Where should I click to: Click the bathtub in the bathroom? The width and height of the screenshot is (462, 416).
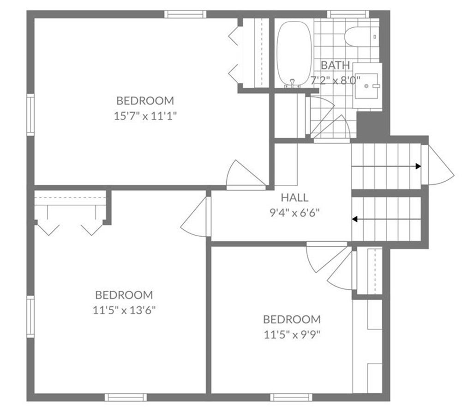[x=294, y=54]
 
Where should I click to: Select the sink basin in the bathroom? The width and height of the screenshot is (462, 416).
[x=366, y=86]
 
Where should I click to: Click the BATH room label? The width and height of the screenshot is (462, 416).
[x=335, y=65]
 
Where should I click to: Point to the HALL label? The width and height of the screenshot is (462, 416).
[x=294, y=197]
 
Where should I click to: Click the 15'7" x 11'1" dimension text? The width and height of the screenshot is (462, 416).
[x=145, y=116]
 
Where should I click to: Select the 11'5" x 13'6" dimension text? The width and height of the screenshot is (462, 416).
[x=124, y=310]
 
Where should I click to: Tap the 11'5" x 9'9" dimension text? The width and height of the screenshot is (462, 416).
[x=292, y=335]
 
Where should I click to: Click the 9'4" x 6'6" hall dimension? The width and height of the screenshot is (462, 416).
[x=294, y=213]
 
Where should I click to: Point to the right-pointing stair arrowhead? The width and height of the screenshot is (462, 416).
[x=419, y=166]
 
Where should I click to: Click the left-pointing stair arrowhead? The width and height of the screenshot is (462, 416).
[x=355, y=219]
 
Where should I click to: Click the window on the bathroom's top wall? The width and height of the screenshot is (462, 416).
[x=348, y=14]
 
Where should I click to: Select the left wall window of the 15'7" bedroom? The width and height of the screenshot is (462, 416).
[x=30, y=115]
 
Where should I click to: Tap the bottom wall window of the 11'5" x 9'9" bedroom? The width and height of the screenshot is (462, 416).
[x=291, y=398]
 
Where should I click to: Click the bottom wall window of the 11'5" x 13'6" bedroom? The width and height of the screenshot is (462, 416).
[x=126, y=398]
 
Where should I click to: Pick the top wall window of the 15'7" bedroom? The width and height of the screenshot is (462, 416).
[x=185, y=14]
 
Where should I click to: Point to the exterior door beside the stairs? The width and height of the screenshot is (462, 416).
[x=438, y=165]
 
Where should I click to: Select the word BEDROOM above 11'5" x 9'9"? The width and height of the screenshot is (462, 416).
[x=292, y=319]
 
